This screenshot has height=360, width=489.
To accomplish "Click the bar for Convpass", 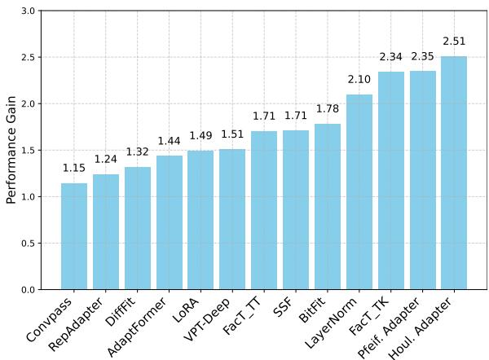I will [74, 236].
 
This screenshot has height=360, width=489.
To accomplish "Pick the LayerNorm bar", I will [359, 192].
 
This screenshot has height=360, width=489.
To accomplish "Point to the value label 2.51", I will [454, 42].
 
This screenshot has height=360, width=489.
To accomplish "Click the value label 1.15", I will [74, 168].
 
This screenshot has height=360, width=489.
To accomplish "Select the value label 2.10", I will [359, 80].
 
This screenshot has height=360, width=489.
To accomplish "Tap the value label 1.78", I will [328, 109].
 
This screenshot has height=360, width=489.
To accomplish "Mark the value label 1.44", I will [169, 141].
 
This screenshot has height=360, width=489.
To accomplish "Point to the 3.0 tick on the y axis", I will [28, 11].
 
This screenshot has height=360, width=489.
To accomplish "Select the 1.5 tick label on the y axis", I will [28, 151].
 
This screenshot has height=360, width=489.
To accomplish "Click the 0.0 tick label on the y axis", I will [28, 290].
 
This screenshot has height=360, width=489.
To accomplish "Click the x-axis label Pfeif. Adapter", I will [394, 326].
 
